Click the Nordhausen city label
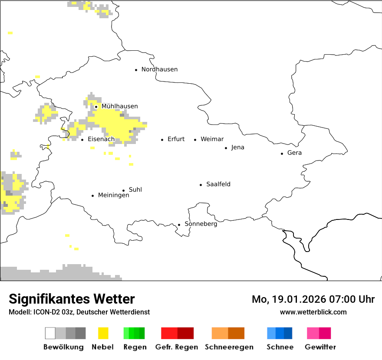[x=159, y=69]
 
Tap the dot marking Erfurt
[x=162, y=140]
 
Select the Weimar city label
[x=212, y=139]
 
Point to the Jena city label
[x=237, y=147]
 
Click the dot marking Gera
[x=282, y=153]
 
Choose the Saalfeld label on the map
[x=218, y=184]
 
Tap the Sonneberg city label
[x=201, y=224]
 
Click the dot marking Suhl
[x=123, y=190]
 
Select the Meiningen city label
[x=113, y=196]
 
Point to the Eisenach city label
[x=101, y=139]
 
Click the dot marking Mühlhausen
[x=96, y=107]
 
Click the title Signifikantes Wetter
[x=72, y=299]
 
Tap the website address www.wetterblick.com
[x=313, y=312]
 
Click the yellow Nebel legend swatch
[x=103, y=333]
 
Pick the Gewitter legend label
[x=320, y=347]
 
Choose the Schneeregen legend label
[x=229, y=347]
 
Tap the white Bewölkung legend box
[x=50, y=333]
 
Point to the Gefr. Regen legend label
[x=176, y=347]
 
